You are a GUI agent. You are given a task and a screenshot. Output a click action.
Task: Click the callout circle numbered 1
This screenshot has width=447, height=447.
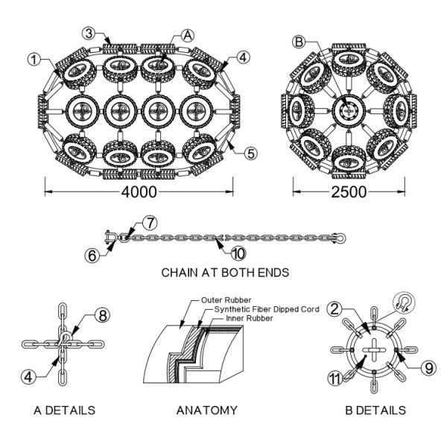pyautogui.click(x=35, y=57)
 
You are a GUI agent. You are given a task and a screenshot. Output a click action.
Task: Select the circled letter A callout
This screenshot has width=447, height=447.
pyautogui.click(x=187, y=34)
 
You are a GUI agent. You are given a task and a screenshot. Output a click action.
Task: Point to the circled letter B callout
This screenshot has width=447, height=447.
pyautogui.click(x=299, y=42)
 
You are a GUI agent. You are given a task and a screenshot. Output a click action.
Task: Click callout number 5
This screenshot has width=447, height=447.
pyautogui.click(x=251, y=153)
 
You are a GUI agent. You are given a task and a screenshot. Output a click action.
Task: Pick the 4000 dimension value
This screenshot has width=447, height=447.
pyautogui.click(x=139, y=191)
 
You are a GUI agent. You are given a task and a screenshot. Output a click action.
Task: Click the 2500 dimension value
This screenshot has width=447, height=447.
pyautogui.click(x=349, y=191)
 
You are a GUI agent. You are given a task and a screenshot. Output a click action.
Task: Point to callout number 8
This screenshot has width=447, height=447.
pyautogui.click(x=104, y=314)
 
